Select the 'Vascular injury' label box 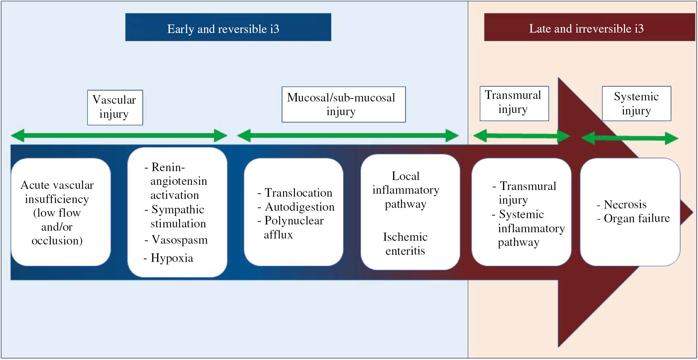click(115, 107)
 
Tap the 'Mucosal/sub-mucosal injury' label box click(343, 104)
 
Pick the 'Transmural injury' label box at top click(514, 103)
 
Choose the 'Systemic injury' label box click(636, 103)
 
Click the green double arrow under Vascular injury click(119, 136)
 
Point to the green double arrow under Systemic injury click(629, 139)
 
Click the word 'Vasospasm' click(180, 240)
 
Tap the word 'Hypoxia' click(172, 258)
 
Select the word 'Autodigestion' click(299, 207)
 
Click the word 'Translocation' click(298, 193)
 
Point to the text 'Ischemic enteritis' click(405, 244)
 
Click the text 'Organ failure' click(636, 219)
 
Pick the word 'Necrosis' click(625, 204)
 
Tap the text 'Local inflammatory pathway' click(406, 190)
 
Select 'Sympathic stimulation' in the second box click(178, 216)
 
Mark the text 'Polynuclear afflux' click(293, 227)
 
